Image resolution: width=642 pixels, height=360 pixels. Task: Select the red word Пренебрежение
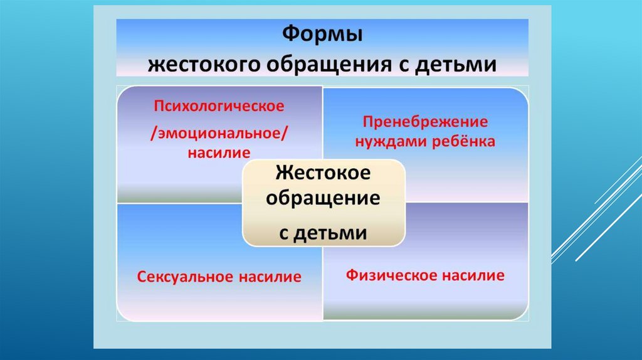[425, 122]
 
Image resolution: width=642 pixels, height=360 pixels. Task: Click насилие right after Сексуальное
[272, 276]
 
